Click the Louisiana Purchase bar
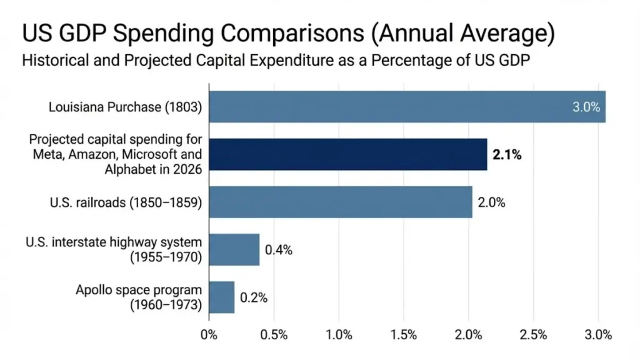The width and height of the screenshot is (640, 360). [x=406, y=107]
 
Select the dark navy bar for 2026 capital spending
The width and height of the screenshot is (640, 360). [x=347, y=154]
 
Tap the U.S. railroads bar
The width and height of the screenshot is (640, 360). [x=340, y=202]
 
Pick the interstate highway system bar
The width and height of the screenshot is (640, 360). [x=234, y=249]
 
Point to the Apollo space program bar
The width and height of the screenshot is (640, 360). [x=221, y=297]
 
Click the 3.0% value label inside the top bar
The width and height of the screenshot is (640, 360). [x=586, y=107]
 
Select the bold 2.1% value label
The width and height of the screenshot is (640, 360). [x=507, y=155]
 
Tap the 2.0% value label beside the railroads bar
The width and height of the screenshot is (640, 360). [x=491, y=202]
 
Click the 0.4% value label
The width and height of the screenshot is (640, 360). [x=278, y=250]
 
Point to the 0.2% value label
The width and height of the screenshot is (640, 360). [x=253, y=297]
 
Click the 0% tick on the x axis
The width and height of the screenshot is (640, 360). [x=209, y=334]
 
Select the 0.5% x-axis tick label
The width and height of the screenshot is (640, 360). [x=274, y=334]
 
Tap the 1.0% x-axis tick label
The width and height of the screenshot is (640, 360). [x=339, y=334]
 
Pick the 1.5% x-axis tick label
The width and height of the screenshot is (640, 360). [x=404, y=334]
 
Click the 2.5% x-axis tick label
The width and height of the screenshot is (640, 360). [x=533, y=334]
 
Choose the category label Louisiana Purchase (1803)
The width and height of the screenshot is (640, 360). [x=125, y=107]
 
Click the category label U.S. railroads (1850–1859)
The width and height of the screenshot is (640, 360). [x=126, y=202]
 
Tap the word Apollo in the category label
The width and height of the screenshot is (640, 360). [x=96, y=290]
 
